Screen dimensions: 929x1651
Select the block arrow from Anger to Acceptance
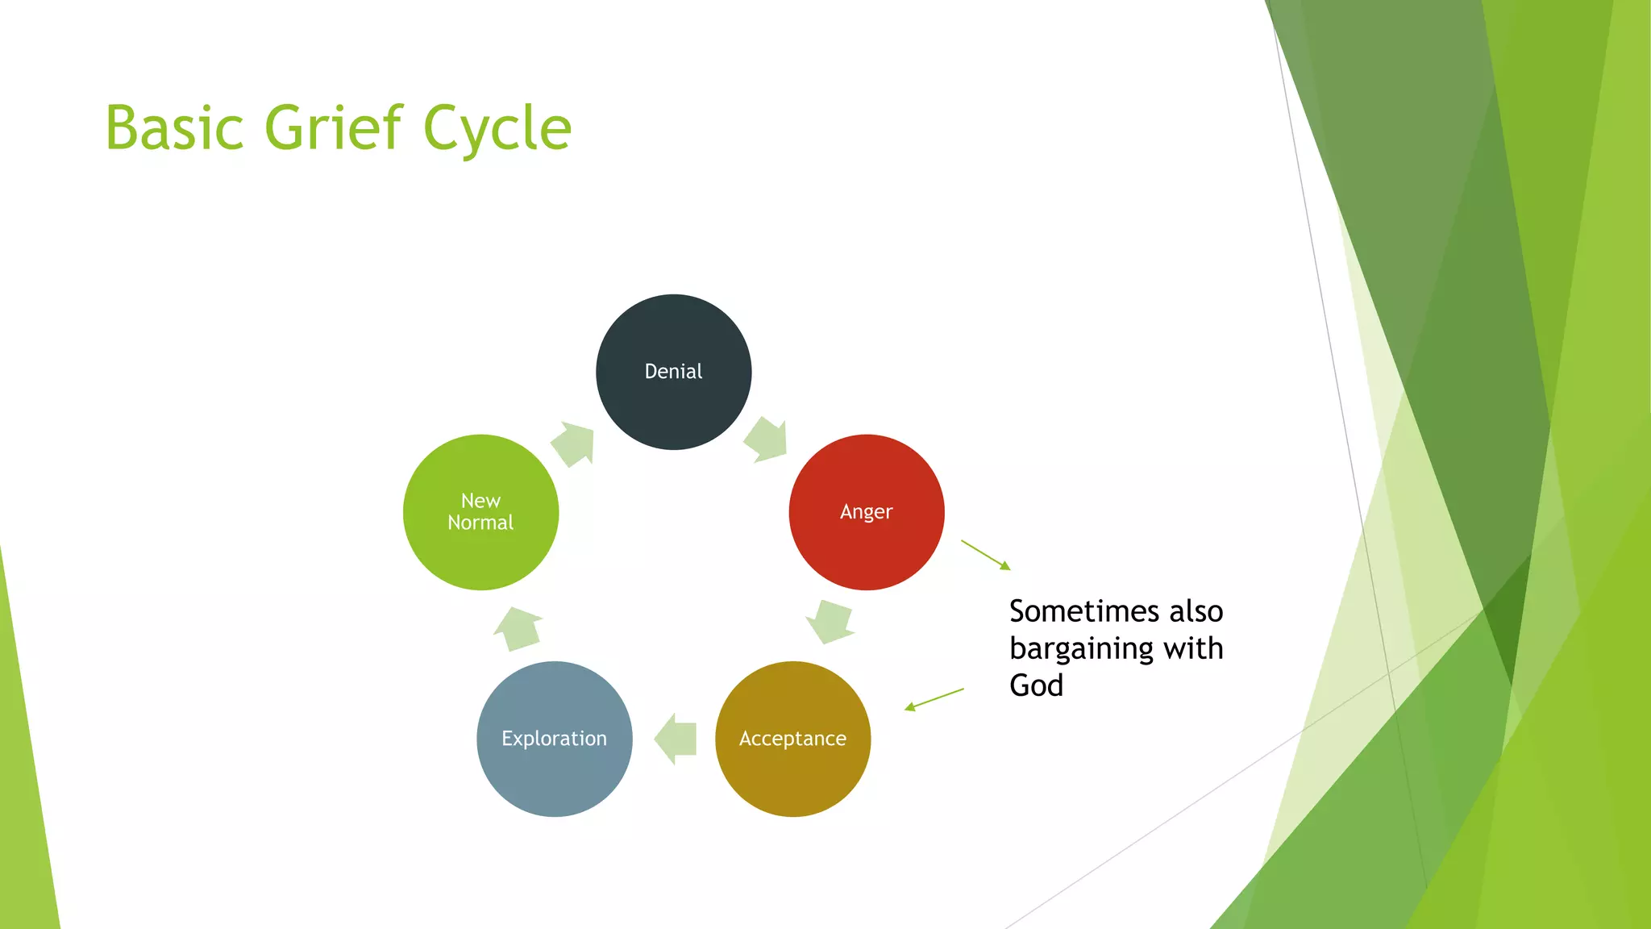pos(830,621)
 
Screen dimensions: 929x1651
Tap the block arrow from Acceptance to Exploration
pos(676,739)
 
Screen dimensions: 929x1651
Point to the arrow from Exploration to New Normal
pos(518,629)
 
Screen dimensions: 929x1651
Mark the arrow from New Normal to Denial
pos(574,444)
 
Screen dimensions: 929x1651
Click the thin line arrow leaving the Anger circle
pos(985,555)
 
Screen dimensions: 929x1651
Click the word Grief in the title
pos(333,128)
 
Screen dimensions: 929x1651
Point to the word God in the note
pos(1036,685)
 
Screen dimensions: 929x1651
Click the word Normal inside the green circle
pos(480,523)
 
